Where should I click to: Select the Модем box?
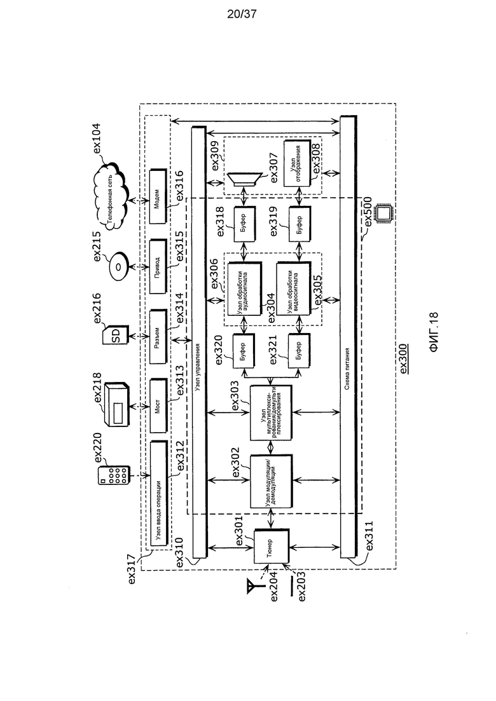click(158, 196)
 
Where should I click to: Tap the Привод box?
click(158, 266)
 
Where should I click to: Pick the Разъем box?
click(158, 337)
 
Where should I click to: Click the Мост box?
click(158, 406)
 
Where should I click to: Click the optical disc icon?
click(118, 267)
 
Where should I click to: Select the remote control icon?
click(114, 475)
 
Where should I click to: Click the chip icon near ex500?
click(383, 214)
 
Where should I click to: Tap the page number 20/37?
click(242, 15)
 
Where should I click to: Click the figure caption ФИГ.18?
click(434, 332)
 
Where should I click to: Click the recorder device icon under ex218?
click(115, 404)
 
